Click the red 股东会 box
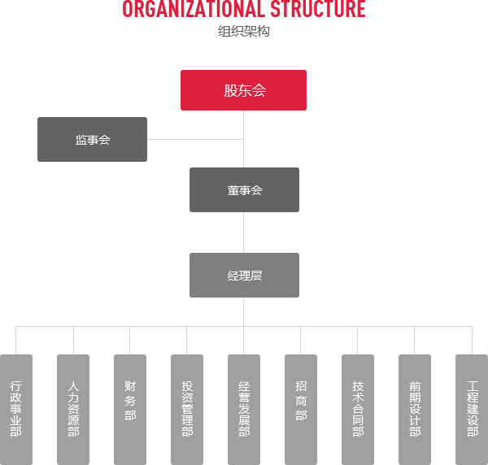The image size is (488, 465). (243, 90)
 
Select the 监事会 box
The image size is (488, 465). (92, 139)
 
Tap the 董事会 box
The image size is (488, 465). (244, 189)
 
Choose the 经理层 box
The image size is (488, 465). (244, 275)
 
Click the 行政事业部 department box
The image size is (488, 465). (16, 410)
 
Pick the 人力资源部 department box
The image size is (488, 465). (73, 410)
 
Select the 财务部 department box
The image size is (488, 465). (130, 410)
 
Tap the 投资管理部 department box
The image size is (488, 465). (187, 410)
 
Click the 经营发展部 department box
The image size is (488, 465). (244, 410)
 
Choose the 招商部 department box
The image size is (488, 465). (301, 410)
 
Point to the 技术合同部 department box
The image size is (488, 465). (358, 410)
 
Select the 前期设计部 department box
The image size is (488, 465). (415, 410)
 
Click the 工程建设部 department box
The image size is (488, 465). (472, 410)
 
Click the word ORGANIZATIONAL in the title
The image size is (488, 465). (194, 9)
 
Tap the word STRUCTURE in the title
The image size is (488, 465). (318, 9)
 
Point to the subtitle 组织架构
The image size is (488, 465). (244, 31)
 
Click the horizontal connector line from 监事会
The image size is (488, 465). (195, 139)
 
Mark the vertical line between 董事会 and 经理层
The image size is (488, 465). (244, 232)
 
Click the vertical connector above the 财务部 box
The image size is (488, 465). (130, 341)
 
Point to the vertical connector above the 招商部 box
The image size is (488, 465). (301, 341)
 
